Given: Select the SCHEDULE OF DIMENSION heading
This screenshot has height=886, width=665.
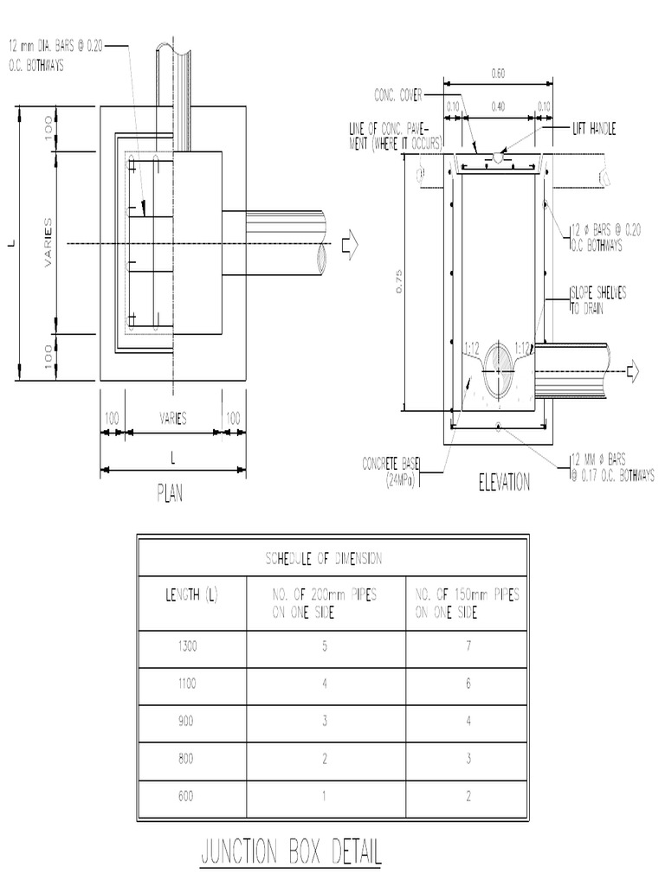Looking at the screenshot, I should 322,560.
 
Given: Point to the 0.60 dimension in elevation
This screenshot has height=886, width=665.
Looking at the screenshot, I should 498,74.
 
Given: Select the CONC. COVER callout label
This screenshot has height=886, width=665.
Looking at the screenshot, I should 397,94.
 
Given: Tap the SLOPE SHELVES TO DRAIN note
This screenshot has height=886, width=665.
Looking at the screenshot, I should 598,299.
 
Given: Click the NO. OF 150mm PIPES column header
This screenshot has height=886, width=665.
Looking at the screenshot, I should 468,601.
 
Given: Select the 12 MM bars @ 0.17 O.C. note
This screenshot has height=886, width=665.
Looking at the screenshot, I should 611,467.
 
